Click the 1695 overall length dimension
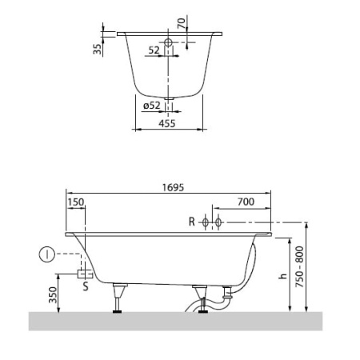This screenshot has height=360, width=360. (173, 187)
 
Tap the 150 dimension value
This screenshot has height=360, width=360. (76, 202)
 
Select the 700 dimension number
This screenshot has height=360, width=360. (246, 202)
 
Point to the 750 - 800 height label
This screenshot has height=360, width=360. (300, 266)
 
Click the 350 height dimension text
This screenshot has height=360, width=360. (53, 295)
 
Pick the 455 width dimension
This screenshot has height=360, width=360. (167, 123)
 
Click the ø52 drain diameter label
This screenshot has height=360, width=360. (152, 106)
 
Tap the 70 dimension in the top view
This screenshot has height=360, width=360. (181, 23)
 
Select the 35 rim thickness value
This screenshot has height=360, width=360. (98, 49)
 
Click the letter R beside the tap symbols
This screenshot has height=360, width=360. (192, 222)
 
